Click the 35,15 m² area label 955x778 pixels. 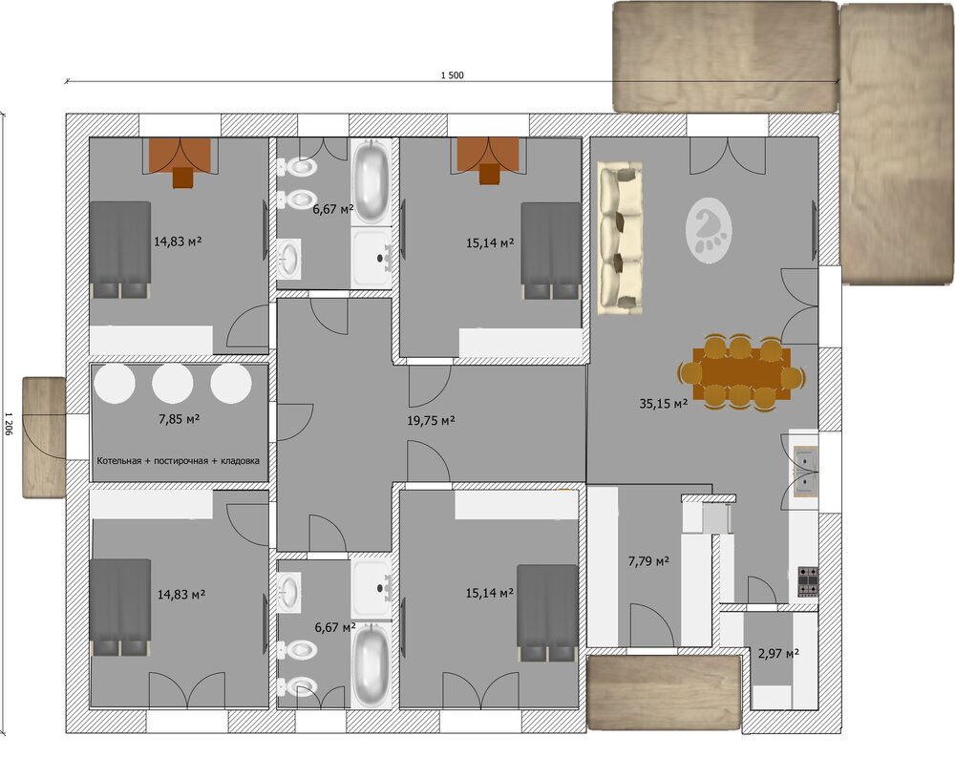[664, 404]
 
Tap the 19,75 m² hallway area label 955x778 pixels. [431, 421]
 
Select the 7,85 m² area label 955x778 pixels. [180, 419]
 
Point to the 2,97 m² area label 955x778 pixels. [778, 655]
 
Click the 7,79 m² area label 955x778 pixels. [648, 561]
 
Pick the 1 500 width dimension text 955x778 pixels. [452, 75]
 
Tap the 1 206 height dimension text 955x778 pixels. [9, 424]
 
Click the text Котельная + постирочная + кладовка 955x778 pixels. [178, 461]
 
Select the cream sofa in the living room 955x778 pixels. [620, 238]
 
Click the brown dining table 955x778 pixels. [741, 373]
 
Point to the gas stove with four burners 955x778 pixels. [808, 582]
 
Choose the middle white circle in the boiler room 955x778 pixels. [172, 383]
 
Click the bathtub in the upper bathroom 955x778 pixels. [371, 182]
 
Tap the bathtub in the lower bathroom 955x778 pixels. [371, 665]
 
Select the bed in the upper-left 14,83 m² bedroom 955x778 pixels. [120, 249]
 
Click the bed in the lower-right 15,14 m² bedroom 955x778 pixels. [547, 613]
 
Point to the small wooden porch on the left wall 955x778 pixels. [44, 437]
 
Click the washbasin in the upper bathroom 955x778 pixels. [289, 259]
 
